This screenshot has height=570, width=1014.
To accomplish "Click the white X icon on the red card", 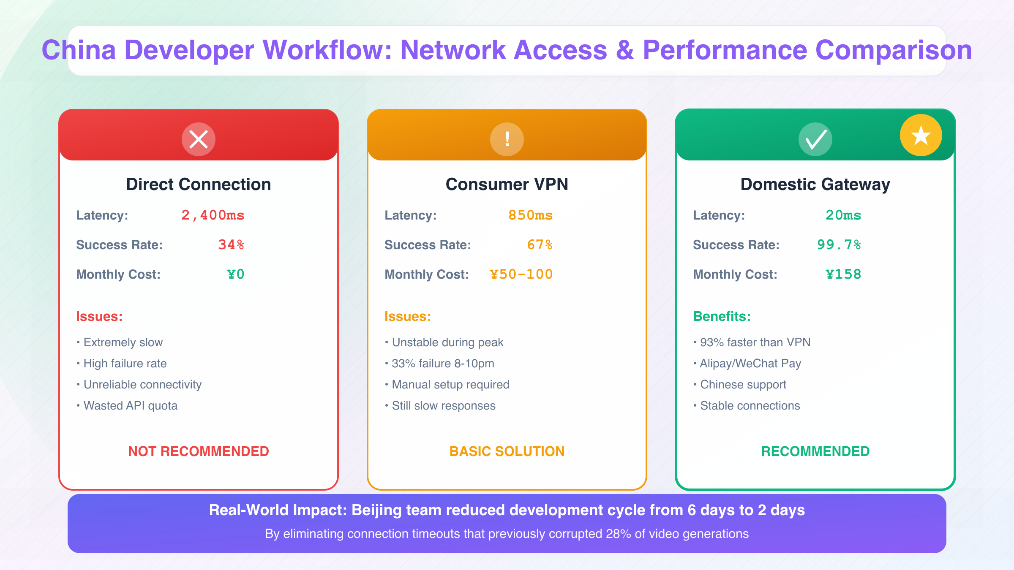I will [199, 139].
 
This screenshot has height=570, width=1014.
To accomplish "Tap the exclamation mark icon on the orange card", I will [507, 139].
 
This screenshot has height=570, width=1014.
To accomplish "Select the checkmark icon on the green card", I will [815, 139].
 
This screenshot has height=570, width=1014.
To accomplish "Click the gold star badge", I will [921, 136].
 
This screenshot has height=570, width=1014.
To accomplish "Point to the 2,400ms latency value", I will [213, 215].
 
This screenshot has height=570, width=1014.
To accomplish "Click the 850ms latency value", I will [531, 215].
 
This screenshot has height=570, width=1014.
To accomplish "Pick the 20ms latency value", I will [843, 215].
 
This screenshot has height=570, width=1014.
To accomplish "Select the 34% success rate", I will [231, 245].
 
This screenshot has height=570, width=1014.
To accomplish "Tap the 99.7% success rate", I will [839, 245].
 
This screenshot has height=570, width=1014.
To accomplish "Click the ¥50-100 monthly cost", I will [521, 274].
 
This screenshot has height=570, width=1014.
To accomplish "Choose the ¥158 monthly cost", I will [843, 274].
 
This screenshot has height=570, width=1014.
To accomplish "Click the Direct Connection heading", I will [199, 185].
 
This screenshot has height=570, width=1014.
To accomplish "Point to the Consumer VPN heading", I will [507, 185].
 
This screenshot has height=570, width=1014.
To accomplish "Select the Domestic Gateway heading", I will [815, 185].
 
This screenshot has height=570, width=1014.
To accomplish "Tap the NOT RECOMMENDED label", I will [199, 451].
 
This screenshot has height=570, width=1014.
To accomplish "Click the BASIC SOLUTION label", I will [507, 451].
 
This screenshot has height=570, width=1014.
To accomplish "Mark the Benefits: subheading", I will [722, 316].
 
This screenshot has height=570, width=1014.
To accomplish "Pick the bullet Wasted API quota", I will [130, 406].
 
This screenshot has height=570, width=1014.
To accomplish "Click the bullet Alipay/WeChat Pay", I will [750, 364].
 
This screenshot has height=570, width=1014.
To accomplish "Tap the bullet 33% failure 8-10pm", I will [443, 364].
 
